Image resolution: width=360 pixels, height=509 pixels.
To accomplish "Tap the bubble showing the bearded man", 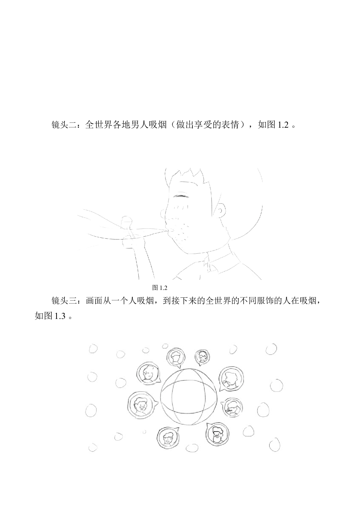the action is [x=217, y=434].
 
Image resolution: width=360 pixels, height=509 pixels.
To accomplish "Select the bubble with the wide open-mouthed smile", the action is [x=142, y=405].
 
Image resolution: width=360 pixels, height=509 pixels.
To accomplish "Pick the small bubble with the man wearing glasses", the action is [x=202, y=357].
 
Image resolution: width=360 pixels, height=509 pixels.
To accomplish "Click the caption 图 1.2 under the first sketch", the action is [x=160, y=288].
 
